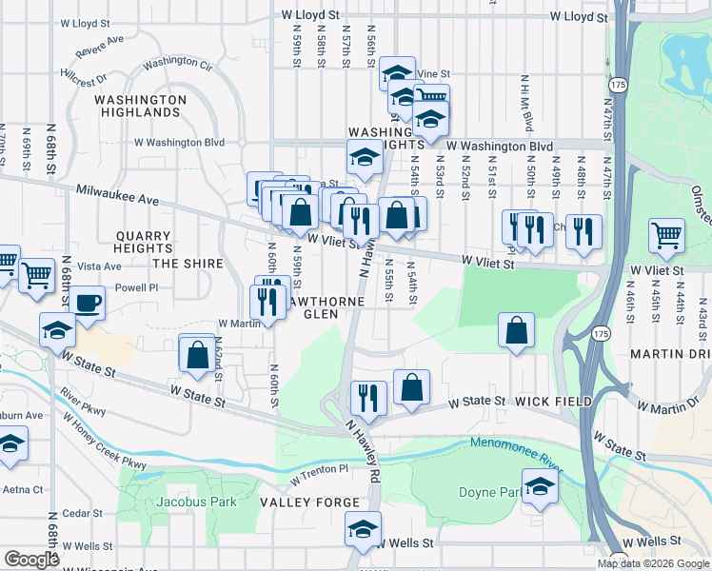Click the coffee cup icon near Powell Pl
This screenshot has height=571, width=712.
87,303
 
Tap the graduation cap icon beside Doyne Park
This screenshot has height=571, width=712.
540,487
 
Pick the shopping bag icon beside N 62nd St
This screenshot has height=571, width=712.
197,354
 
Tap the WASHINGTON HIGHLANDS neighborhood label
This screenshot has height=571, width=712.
138,106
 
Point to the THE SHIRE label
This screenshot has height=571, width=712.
188,264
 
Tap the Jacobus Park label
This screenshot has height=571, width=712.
166,500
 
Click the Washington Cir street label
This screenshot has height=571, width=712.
178,66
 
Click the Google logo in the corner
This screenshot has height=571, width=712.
31,559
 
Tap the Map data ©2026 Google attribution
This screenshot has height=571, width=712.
653,563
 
